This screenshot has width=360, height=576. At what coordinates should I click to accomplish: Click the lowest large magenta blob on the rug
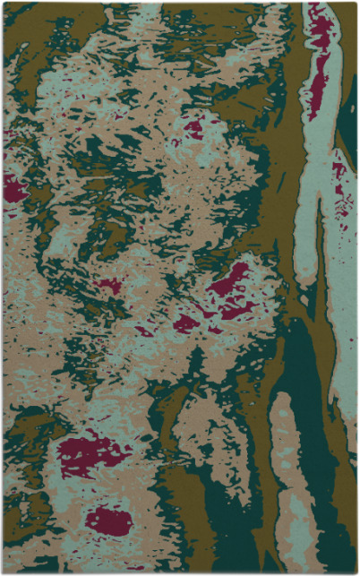[x=109, y=520]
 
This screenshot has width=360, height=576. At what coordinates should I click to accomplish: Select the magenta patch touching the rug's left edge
[x=15, y=188]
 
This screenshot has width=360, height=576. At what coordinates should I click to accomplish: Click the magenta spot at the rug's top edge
[x=318, y=13]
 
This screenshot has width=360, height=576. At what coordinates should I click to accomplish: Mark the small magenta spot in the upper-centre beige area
[x=193, y=128]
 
